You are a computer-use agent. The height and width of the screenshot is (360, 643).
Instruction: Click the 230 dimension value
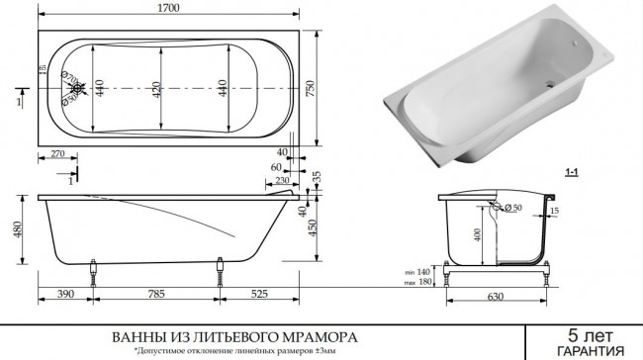tap(283, 180)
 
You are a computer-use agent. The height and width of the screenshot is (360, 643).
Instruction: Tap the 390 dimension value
tap(65, 293)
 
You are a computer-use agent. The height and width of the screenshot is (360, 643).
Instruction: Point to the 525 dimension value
tap(259, 293)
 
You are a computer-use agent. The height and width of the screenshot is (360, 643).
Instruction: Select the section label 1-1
tap(571, 171)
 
